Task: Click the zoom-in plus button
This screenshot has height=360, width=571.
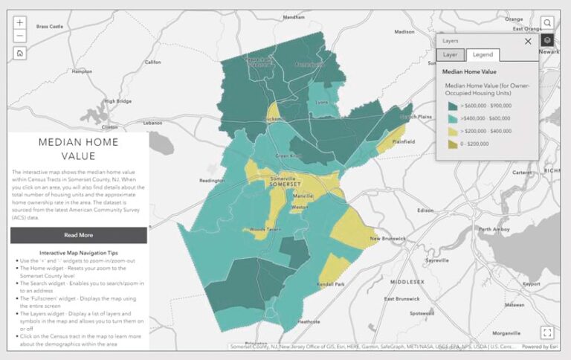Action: click(20, 23)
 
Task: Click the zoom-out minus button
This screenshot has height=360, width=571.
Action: click(20, 36)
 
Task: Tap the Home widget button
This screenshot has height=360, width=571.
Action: click(20, 53)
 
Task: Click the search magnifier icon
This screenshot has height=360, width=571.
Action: click(547, 23)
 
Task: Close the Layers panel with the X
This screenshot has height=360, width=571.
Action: click(528, 42)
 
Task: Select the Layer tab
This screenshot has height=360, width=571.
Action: click(451, 55)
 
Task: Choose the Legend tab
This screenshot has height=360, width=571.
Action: click(483, 55)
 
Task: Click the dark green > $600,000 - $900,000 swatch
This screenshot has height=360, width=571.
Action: click(452, 106)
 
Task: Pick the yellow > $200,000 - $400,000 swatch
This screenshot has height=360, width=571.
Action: click(452, 131)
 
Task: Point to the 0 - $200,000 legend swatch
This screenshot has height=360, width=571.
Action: click(452, 144)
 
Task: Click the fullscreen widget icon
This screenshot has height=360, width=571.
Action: click(547, 332)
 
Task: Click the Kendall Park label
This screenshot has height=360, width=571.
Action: click(329, 284)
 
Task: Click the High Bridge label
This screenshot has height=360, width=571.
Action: click(117, 101)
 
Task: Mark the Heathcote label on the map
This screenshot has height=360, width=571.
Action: click(309, 321)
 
